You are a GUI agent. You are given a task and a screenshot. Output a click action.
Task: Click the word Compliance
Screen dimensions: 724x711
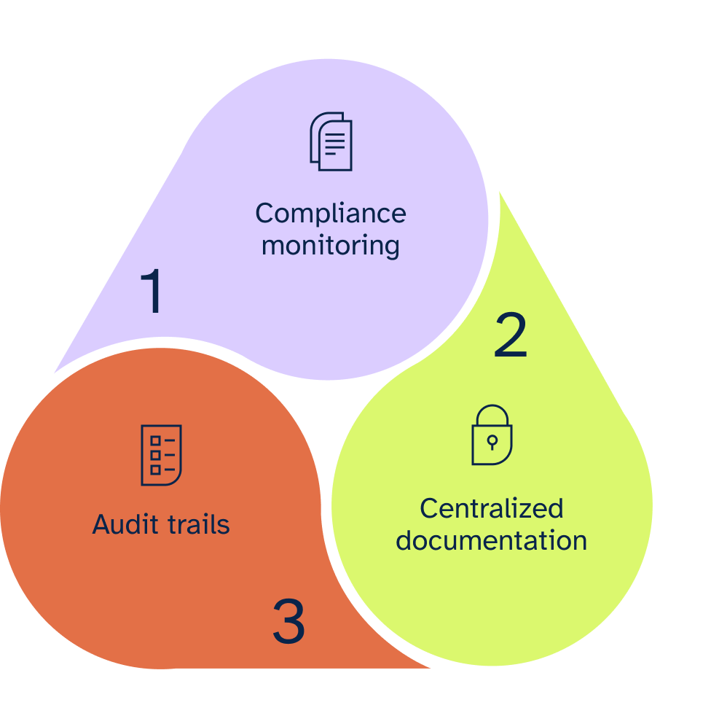(330, 214)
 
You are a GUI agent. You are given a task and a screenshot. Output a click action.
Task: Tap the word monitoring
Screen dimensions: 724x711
(330, 246)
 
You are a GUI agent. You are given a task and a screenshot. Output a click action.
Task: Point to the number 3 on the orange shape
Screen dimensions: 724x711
(288, 622)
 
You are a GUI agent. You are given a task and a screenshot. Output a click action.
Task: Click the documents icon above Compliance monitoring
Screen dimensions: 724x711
(331, 141)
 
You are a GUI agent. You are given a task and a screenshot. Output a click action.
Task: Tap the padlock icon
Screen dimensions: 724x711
(492, 435)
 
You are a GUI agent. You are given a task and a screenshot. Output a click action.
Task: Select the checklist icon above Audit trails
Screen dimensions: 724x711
(161, 455)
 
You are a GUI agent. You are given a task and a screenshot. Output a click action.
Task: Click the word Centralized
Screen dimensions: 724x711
(492, 509)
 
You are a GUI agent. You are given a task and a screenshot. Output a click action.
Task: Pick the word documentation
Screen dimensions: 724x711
(492, 541)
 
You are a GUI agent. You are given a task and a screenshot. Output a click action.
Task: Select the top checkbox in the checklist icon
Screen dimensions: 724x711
(154, 441)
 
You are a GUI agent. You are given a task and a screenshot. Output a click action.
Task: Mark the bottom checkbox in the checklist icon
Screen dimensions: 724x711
(154, 470)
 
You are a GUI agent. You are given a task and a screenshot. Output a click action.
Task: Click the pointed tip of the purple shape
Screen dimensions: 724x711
(57, 369)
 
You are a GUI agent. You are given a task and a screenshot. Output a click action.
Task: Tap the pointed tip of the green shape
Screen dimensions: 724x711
(500, 194)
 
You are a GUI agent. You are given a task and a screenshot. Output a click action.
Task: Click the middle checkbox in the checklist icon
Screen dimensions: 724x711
(154, 455)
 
